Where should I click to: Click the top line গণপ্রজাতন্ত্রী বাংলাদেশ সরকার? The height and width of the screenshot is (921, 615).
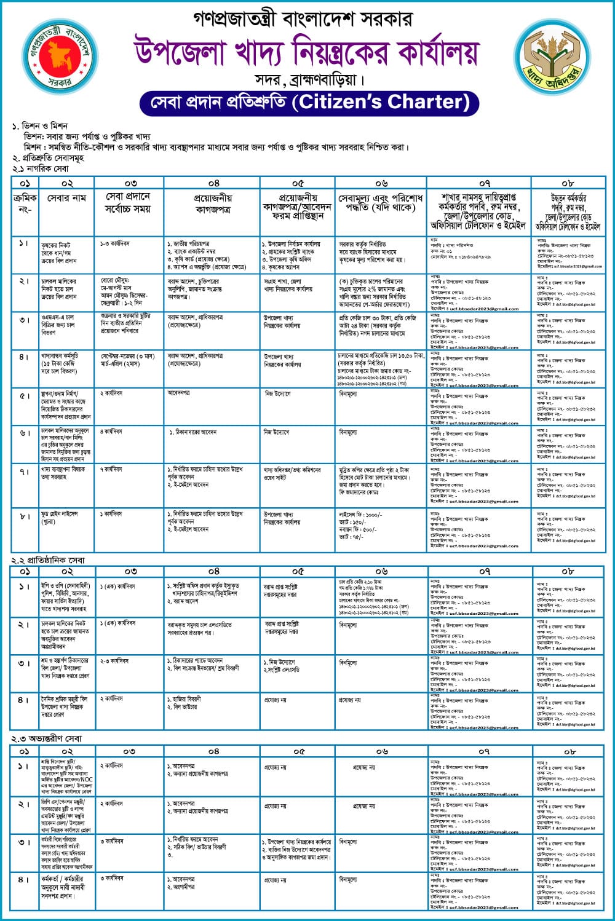tap(293, 19)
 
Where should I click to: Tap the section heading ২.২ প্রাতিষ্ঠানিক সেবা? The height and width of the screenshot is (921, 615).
tap(48, 560)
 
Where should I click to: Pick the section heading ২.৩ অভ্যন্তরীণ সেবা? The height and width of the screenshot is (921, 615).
tap(47, 738)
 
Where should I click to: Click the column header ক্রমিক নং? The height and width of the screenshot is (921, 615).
tap(25, 204)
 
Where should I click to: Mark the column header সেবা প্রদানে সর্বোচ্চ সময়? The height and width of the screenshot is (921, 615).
tap(128, 202)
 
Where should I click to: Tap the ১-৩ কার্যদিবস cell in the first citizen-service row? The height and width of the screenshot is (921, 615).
tap(115, 244)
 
